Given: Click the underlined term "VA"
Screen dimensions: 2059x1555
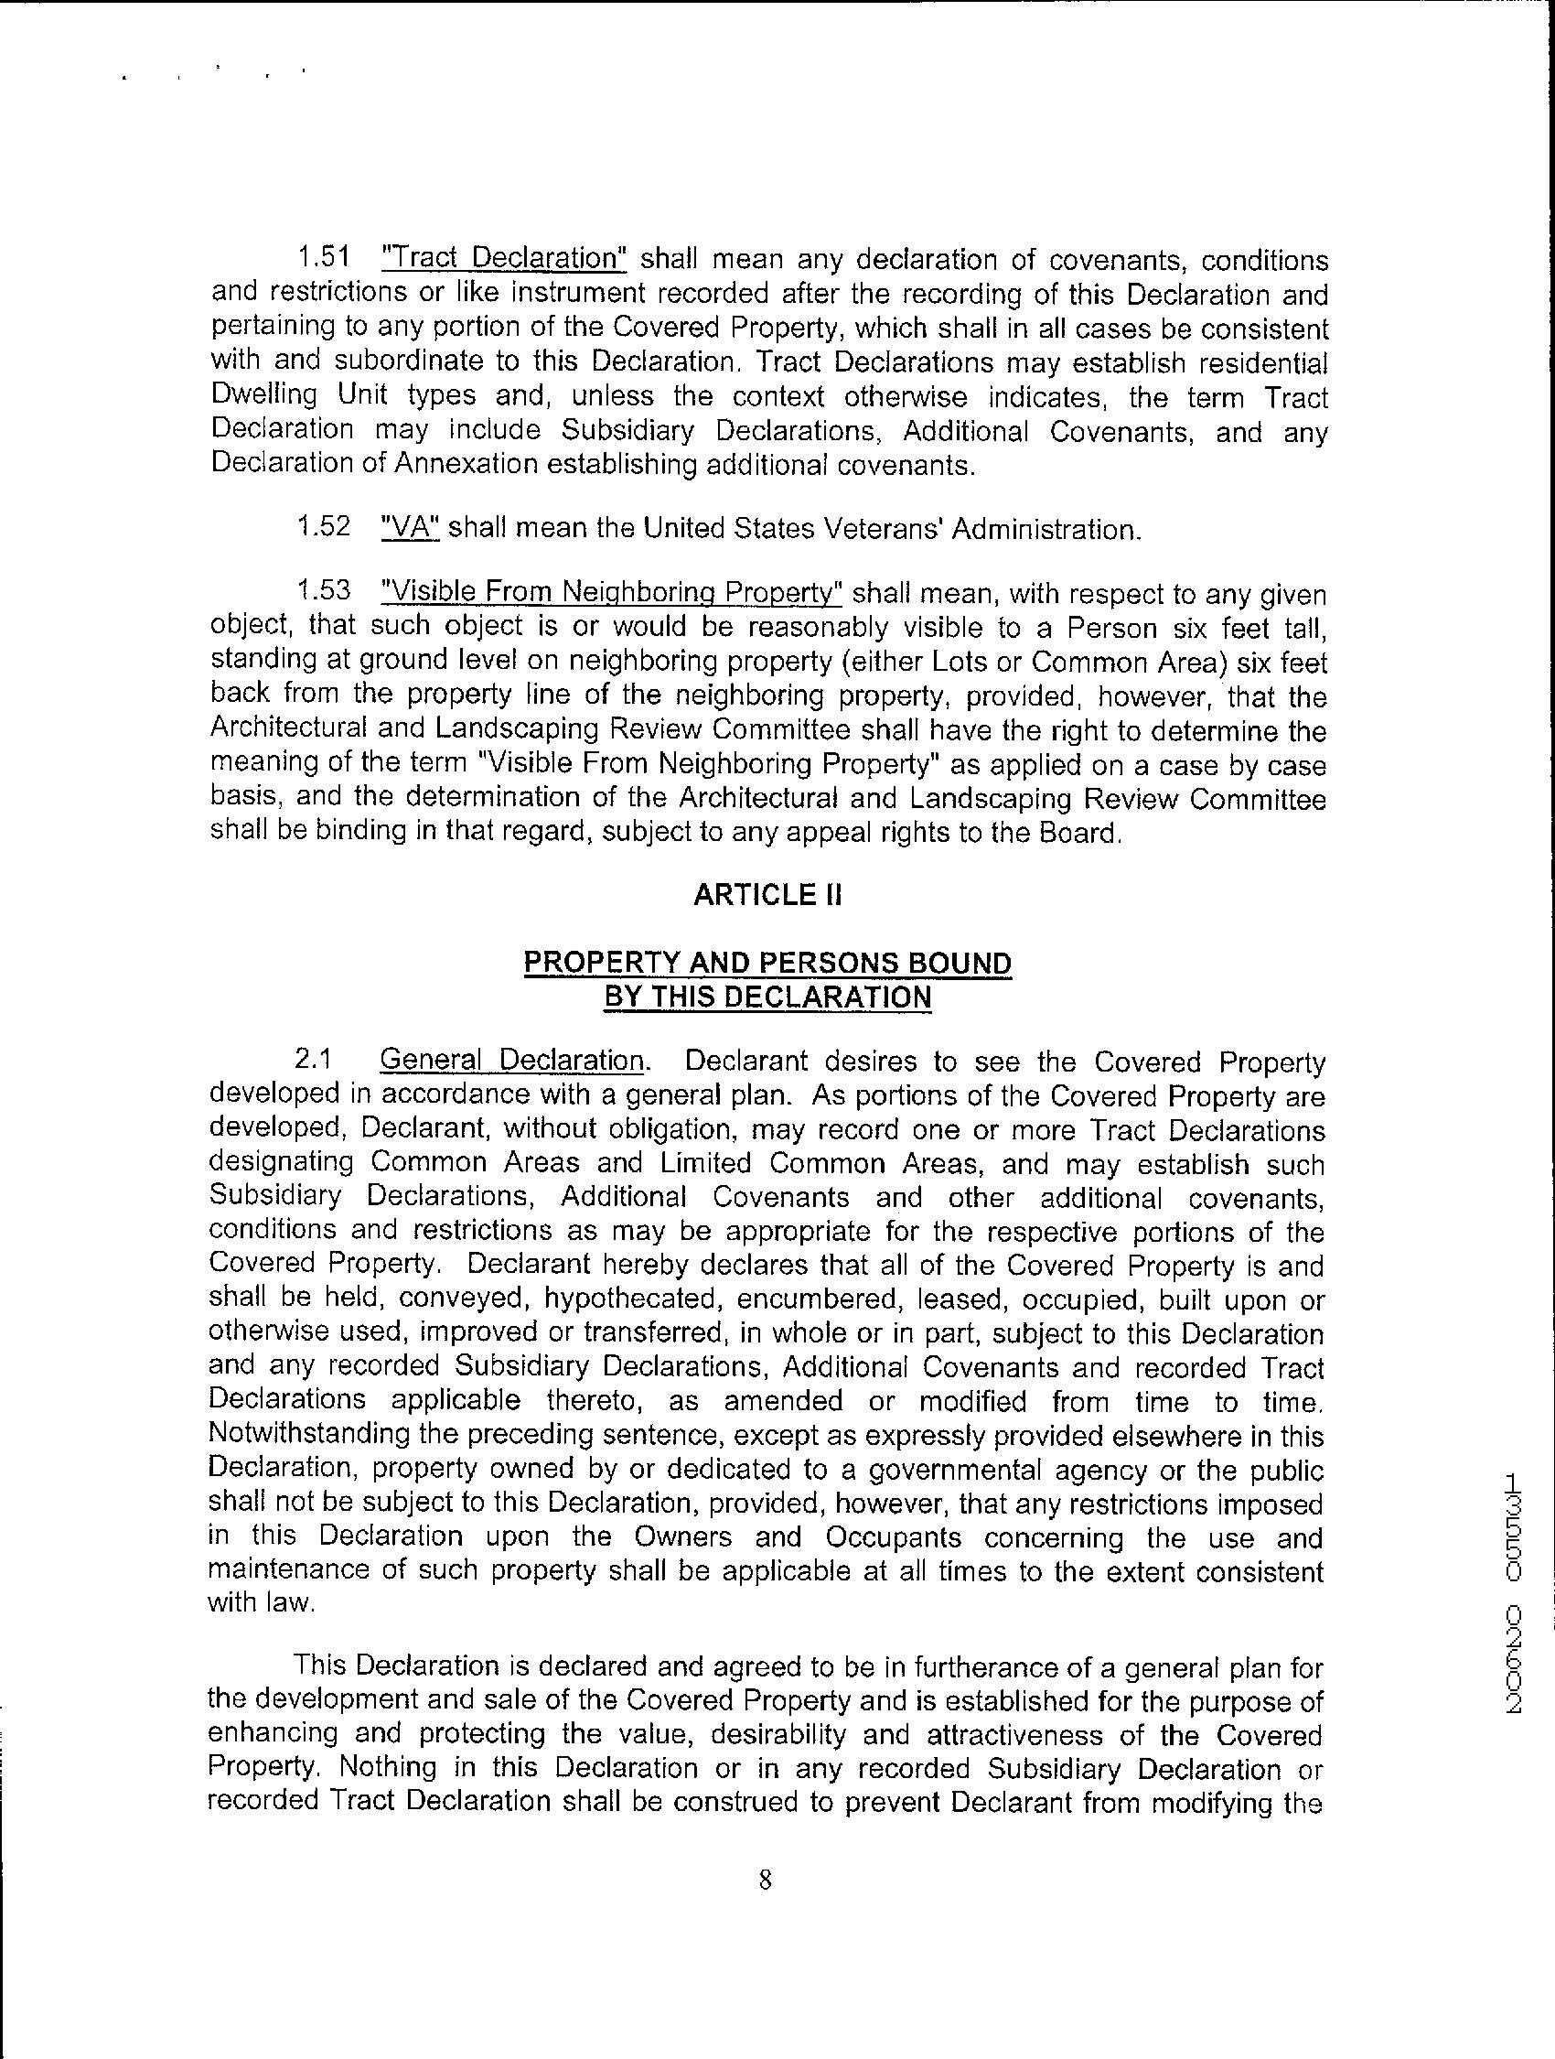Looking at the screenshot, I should click(x=411, y=527).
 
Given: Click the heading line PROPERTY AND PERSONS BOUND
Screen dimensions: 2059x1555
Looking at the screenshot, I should click(x=767, y=963).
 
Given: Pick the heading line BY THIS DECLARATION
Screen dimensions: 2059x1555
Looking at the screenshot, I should click(x=767, y=997).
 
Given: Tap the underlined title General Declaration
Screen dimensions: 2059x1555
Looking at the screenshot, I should click(x=512, y=1061).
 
